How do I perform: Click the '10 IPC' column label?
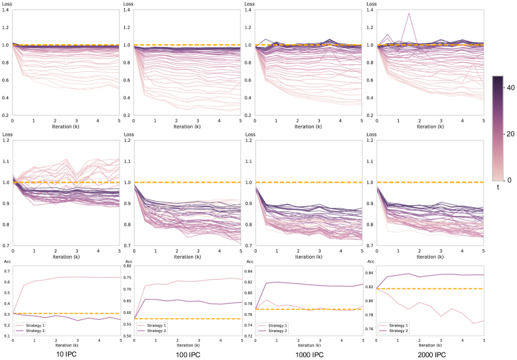(65, 355)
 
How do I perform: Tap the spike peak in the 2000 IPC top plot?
(408, 14)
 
